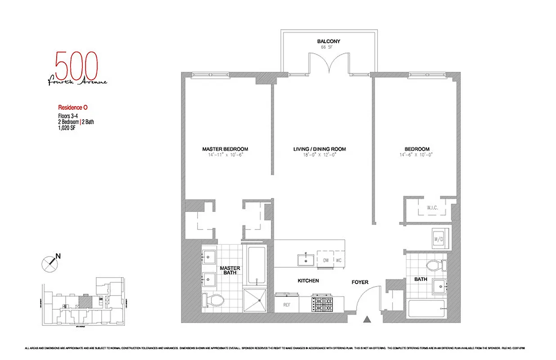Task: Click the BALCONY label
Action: pos(328,41)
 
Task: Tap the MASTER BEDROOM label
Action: pos(225,149)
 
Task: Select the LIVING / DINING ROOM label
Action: pos(320,149)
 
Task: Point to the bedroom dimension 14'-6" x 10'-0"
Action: pos(417,155)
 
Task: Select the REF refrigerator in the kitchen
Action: pos(286,305)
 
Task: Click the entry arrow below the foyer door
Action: pos(368,319)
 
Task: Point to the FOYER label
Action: pos(360,282)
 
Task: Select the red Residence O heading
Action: pos(72,108)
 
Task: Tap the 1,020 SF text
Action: pos(67,127)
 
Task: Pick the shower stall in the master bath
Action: pos(256,300)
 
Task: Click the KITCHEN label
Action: pos(308,280)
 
